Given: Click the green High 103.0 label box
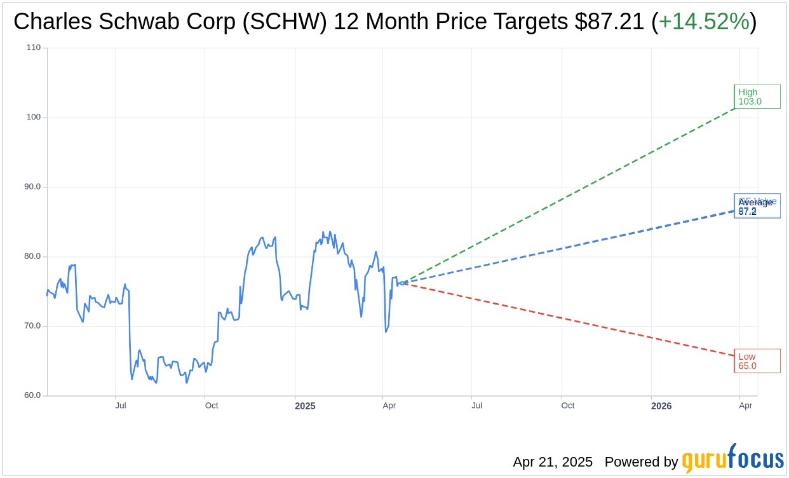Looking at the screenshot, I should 757,97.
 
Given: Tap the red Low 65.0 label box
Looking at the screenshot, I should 757,361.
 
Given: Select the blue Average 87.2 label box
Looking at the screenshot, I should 757,206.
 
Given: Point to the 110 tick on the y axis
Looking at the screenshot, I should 34,48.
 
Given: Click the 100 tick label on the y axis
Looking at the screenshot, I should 34,117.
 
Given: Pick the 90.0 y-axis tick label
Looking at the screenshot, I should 32,187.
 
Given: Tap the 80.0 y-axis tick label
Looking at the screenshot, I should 32,256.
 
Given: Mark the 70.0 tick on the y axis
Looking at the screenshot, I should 32,326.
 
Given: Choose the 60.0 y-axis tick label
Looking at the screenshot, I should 32,395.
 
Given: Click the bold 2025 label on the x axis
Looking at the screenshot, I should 305,406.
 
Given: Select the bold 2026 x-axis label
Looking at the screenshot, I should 661,406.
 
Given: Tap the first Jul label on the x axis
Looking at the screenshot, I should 121,406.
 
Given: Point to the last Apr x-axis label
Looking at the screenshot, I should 746,406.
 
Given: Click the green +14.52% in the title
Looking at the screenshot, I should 704,22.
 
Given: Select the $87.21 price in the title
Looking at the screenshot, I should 609,22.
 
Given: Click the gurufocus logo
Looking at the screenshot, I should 732,459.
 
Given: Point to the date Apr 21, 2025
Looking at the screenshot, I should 553,462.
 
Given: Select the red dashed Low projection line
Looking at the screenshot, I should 572,320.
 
